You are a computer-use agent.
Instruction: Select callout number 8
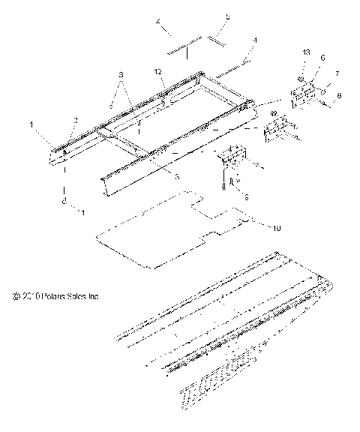tap(340, 94)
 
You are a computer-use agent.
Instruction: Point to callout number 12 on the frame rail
tap(159, 72)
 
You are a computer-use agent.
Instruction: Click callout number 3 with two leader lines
tap(121, 76)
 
